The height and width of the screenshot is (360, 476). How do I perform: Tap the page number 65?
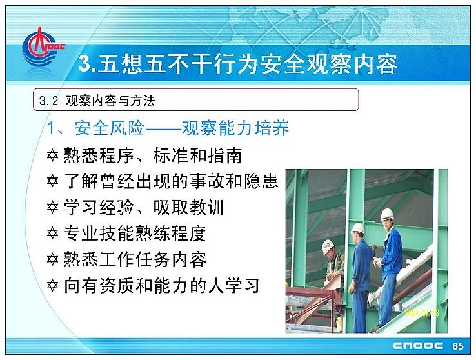click(457, 346)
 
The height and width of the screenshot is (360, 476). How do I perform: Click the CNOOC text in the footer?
click(418, 346)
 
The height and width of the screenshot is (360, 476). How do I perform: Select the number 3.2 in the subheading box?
click(48, 101)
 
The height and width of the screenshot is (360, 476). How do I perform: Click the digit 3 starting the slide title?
click(84, 64)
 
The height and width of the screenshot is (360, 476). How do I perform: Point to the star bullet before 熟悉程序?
click(52, 155)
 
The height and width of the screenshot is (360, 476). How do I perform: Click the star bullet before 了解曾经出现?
click(52, 182)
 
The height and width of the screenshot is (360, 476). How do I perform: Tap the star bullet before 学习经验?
click(52, 208)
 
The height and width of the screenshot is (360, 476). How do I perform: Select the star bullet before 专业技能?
click(52, 234)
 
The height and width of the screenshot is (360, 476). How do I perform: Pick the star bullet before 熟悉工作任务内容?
click(52, 260)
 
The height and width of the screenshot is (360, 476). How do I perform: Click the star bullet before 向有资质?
click(52, 286)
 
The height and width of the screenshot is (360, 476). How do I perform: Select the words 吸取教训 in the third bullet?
click(188, 208)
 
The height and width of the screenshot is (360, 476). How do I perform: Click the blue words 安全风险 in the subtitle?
click(109, 128)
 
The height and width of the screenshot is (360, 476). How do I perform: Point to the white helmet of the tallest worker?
click(387, 214)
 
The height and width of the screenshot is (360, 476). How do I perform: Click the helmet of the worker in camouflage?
click(328, 246)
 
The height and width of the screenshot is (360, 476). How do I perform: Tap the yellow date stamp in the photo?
click(422, 313)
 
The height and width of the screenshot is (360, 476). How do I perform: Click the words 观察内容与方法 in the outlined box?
click(110, 101)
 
